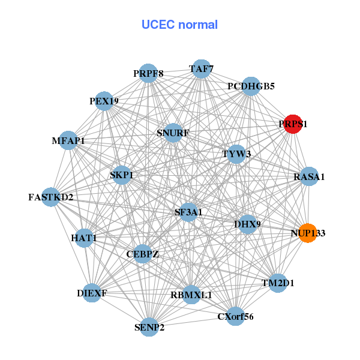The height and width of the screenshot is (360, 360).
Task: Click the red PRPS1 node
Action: (x=293, y=124)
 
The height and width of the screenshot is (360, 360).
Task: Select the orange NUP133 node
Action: (x=307, y=233)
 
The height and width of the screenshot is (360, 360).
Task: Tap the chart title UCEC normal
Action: (x=179, y=25)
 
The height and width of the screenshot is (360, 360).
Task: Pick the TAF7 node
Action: (x=201, y=70)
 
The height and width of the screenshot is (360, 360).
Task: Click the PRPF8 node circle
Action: (x=148, y=74)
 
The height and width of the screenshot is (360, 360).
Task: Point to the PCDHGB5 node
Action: (x=251, y=86)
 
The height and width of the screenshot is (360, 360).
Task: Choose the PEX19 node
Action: (x=104, y=101)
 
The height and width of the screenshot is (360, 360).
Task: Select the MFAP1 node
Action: (x=68, y=141)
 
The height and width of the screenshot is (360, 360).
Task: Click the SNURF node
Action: (x=173, y=133)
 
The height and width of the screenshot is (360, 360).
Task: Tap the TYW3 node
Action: (x=236, y=154)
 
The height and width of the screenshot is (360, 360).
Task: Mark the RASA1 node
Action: (x=309, y=176)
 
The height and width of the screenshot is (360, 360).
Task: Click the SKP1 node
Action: (x=122, y=175)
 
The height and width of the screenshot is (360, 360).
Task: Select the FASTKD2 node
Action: (x=50, y=197)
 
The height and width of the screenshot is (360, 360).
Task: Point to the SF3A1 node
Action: (x=188, y=212)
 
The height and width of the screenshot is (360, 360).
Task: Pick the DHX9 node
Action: (x=247, y=224)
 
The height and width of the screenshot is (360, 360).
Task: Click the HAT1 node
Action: (x=84, y=238)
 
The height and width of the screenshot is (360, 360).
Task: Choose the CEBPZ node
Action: (x=143, y=254)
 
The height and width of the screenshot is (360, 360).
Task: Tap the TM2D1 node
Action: (x=278, y=283)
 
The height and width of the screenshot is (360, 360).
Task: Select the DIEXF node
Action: (x=92, y=293)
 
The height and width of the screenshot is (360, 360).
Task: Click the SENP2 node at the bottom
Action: (x=149, y=327)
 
